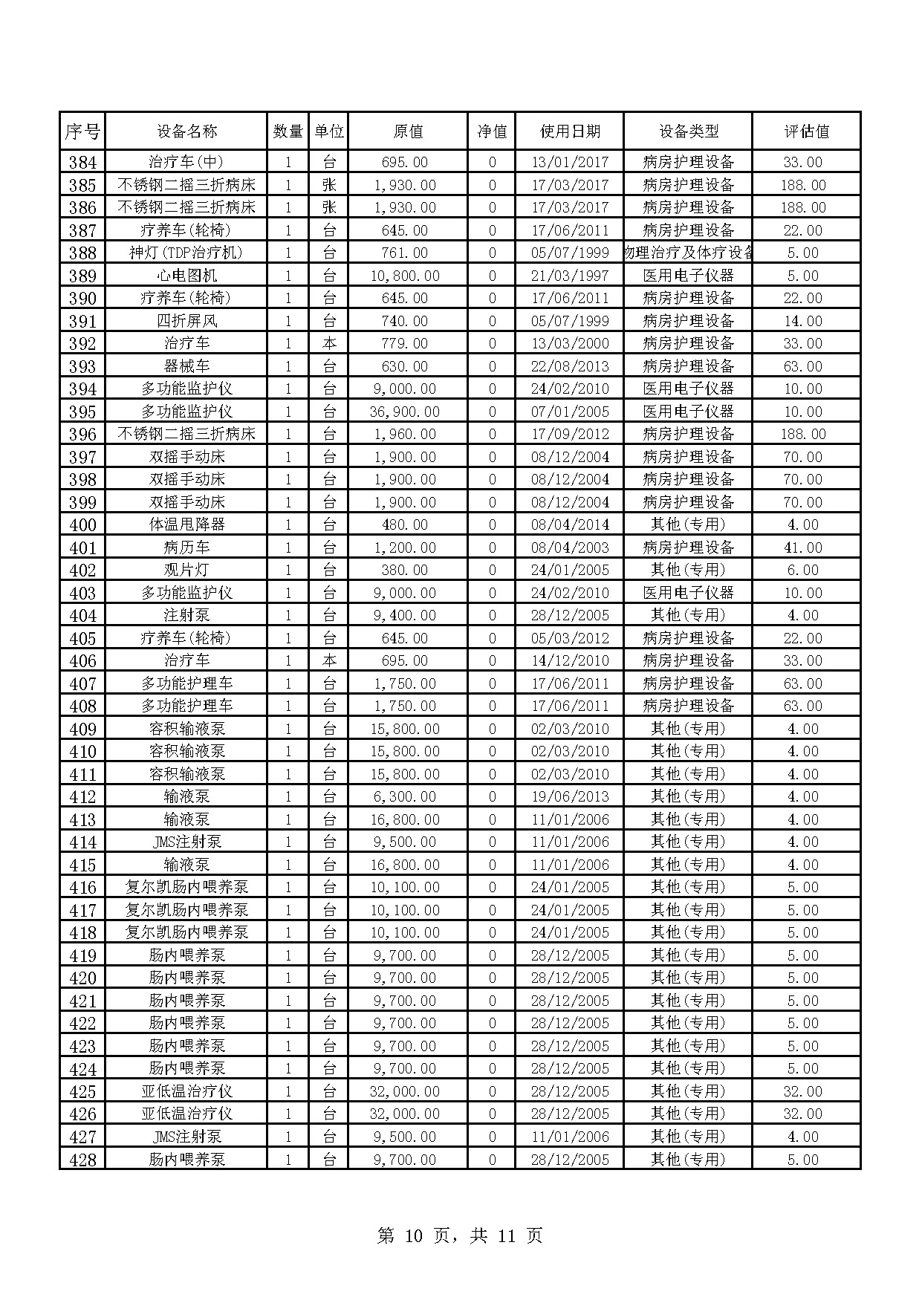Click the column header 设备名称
tap(186, 131)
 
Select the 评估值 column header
tap(806, 131)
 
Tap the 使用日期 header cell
tap(569, 131)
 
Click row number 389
tap(82, 276)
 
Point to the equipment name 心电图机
tap(186, 276)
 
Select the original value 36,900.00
tap(405, 412)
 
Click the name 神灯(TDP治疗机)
tap(186, 253)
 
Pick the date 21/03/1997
tap(569, 276)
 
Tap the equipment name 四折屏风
tap(186, 321)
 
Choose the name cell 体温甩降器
tap(186, 524)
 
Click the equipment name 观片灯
tap(186, 570)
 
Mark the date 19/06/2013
tap(569, 796)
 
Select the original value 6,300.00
tap(405, 796)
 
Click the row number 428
tap(82, 1159)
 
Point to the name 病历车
tap(186, 547)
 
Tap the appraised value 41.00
tap(803, 547)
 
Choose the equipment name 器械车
tap(186, 366)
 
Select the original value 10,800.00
tap(405, 276)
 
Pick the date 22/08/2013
tap(569, 366)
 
